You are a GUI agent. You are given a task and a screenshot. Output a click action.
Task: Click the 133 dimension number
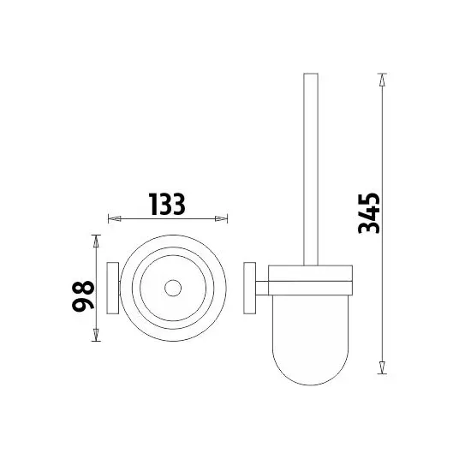pos(167,204)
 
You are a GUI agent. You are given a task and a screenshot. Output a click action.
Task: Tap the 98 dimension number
pos(83,295)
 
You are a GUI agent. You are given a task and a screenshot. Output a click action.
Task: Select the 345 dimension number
pos(369,213)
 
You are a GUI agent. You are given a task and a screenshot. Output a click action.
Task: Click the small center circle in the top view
pos(173,288)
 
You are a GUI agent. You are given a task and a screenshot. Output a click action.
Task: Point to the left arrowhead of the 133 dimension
pos(115,218)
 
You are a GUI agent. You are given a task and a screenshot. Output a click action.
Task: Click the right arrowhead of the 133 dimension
pos(221,218)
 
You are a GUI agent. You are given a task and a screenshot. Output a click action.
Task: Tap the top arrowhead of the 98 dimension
pos(96,241)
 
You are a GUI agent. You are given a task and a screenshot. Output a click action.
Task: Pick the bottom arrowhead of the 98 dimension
pos(96,335)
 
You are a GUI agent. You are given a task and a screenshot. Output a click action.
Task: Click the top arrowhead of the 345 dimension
pos(382,80)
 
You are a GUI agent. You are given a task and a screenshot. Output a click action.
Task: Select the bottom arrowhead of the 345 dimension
pos(382,367)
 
